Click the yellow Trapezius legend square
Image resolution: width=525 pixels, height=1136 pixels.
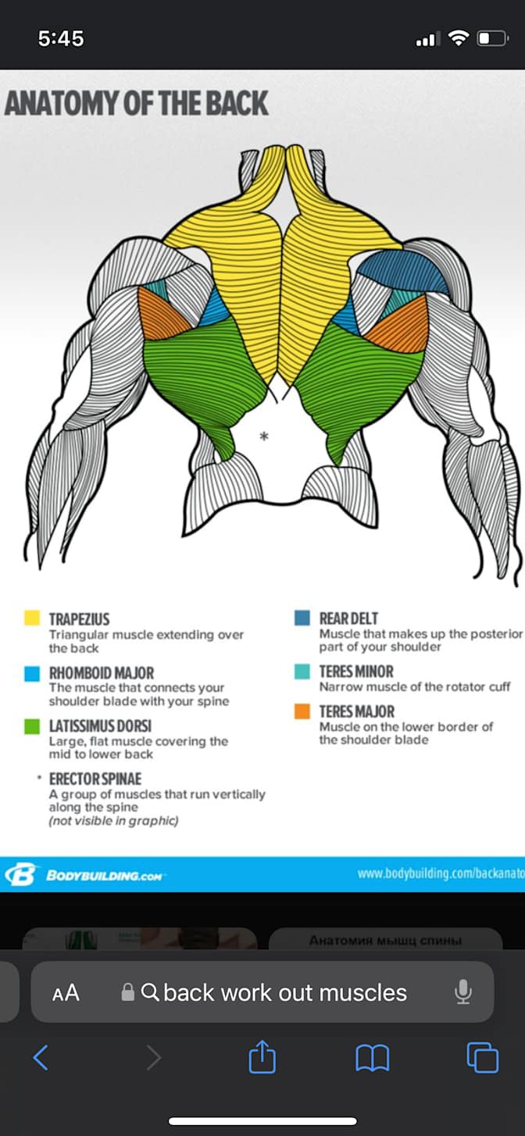point(32,618)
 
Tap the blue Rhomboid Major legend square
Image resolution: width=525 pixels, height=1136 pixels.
point(32,674)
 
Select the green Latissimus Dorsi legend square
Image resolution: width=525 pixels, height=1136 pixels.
point(32,726)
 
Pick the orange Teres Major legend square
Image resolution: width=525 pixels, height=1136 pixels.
point(302,711)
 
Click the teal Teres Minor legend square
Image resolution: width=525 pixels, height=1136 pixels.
point(302,671)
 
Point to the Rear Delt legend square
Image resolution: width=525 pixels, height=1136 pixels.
point(302,618)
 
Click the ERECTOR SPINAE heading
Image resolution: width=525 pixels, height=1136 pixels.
point(95,778)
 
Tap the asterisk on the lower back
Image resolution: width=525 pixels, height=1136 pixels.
point(264,436)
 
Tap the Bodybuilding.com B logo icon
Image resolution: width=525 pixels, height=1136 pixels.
point(21,874)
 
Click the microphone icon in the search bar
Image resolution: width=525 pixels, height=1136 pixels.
point(462,992)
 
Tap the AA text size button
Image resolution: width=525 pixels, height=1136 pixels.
point(66,992)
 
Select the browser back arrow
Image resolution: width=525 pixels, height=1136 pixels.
point(41,1057)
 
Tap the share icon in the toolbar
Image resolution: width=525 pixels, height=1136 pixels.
point(262,1056)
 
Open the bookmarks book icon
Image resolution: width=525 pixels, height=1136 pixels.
point(373,1058)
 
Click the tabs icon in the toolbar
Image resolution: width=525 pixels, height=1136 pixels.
point(482,1057)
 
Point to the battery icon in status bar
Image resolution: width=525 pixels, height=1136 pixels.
point(493,38)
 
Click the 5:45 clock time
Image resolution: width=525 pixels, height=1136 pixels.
point(61,38)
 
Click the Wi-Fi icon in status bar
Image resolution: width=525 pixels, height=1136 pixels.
point(459,38)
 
